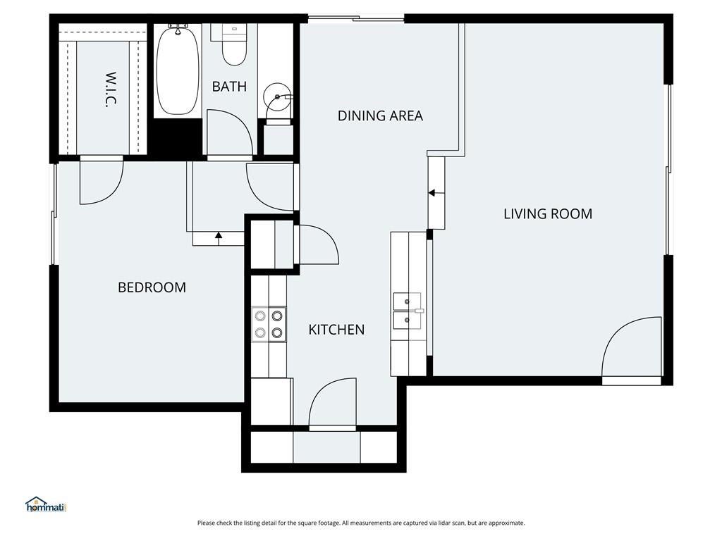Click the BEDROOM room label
(x=152, y=287)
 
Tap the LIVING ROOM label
(x=548, y=214)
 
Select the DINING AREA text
(x=380, y=116)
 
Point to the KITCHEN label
(x=336, y=330)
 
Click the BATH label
(x=229, y=87)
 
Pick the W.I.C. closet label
(x=111, y=89)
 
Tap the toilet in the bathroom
(x=234, y=45)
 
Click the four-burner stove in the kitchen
(x=269, y=324)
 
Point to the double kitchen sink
(x=407, y=311)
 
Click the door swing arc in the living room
(x=622, y=332)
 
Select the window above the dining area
(x=356, y=19)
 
